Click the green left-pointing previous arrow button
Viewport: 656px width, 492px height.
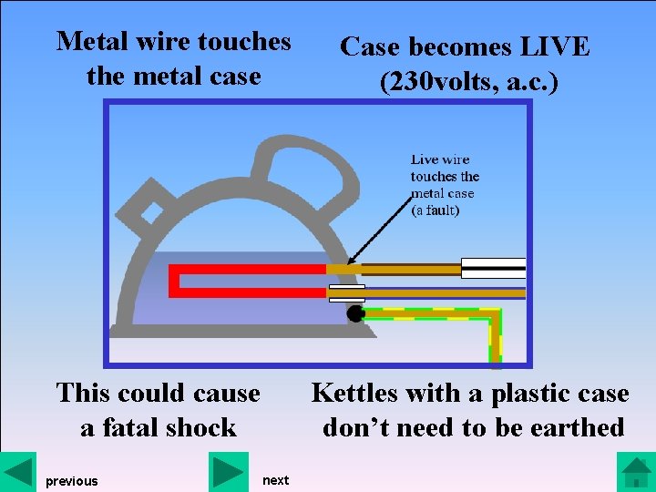pyautogui.click(x=17, y=471)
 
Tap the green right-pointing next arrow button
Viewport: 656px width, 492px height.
pyautogui.click(x=228, y=471)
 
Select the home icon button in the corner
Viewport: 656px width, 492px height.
pyautogui.click(x=635, y=472)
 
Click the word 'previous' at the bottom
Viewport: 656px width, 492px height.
pyautogui.click(x=72, y=481)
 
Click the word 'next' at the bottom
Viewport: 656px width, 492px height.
pyautogui.click(x=275, y=480)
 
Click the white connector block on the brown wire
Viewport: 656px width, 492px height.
pyautogui.click(x=493, y=268)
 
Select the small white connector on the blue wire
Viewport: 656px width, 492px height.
pyautogui.click(x=347, y=293)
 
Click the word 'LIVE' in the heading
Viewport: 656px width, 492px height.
pyautogui.click(x=550, y=47)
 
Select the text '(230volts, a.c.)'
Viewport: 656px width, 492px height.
pyautogui.click(x=468, y=82)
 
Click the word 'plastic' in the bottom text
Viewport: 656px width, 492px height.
pyautogui.click(x=527, y=394)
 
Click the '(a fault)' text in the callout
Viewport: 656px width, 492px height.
pyautogui.click(x=436, y=210)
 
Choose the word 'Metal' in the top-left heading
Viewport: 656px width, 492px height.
pyautogui.click(x=88, y=42)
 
